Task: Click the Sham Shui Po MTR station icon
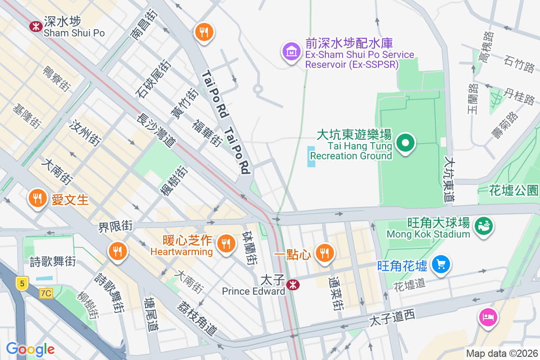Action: click(x=36, y=27)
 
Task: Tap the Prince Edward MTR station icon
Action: click(x=293, y=284)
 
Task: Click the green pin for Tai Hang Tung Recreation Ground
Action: click(x=405, y=143)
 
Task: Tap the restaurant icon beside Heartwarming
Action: click(x=227, y=243)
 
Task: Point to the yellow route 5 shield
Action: click(x=21, y=283)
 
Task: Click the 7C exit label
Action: click(x=46, y=293)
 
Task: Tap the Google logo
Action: click(x=30, y=349)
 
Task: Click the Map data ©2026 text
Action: click(x=501, y=353)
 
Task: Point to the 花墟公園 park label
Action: click(x=514, y=190)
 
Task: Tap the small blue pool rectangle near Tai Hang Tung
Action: click(x=311, y=156)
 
